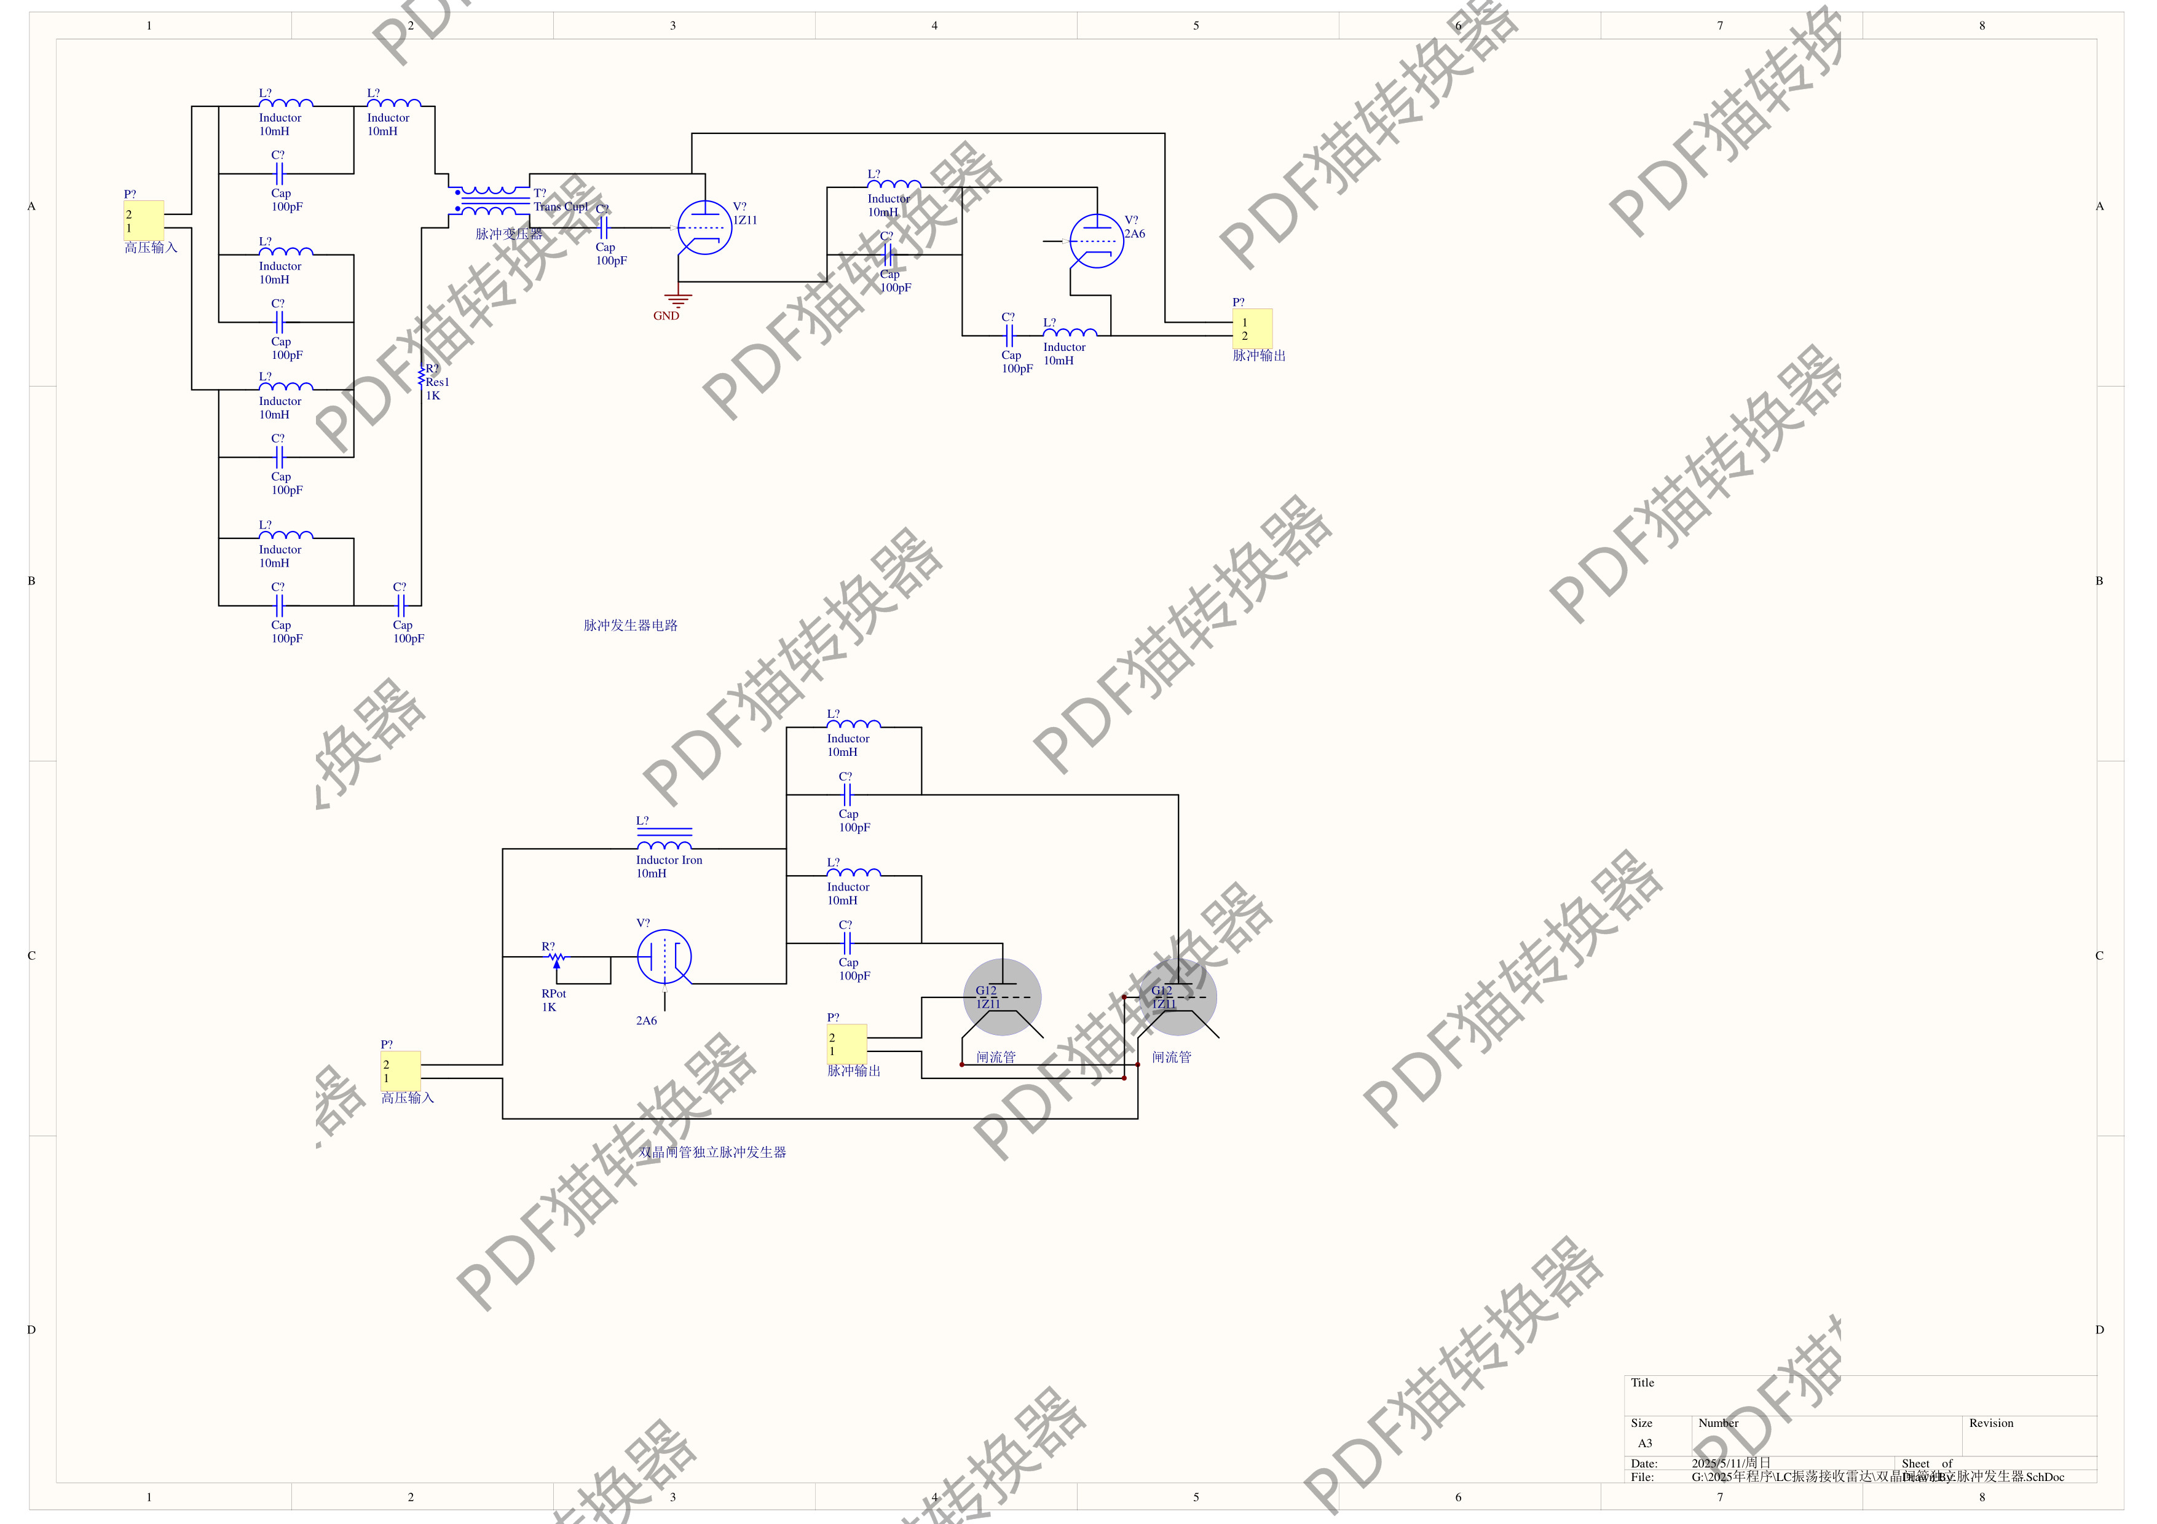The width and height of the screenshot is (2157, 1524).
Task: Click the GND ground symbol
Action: pos(678,300)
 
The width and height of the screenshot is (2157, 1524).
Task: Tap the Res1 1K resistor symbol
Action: pos(422,377)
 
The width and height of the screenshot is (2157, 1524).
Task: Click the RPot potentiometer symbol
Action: pos(556,959)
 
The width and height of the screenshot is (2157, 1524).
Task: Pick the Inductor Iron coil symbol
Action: pos(664,839)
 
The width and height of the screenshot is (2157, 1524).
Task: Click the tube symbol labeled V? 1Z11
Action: pos(704,227)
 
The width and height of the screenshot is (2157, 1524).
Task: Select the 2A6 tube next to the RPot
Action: pos(664,957)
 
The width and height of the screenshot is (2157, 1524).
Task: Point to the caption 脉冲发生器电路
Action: pos(630,626)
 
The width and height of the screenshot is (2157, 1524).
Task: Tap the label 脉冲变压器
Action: pos(508,234)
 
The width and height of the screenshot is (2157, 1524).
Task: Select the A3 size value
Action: pos(1644,1443)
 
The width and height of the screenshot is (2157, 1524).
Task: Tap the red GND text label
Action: pos(666,315)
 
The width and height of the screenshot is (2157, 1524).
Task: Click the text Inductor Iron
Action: pos(669,860)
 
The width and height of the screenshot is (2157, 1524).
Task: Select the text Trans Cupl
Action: pos(561,206)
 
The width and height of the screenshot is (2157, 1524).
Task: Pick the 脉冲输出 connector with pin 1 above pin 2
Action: pos(1252,329)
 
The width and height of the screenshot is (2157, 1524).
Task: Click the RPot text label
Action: pos(553,994)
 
